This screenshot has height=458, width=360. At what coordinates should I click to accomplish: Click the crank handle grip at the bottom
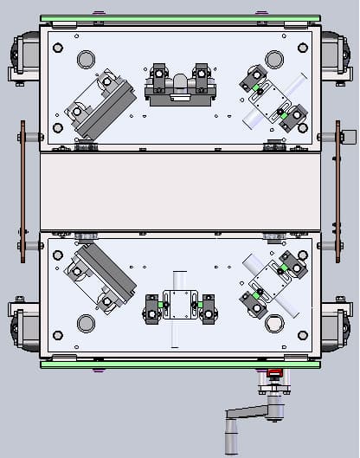click(x=230, y=436)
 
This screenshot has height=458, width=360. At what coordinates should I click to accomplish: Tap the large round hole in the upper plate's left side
click(x=87, y=59)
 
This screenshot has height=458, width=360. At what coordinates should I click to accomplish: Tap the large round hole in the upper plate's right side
click(x=274, y=59)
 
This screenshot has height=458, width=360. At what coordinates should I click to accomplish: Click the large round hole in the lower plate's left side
click(x=87, y=323)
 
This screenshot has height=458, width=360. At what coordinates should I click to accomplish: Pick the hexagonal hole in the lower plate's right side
click(x=274, y=323)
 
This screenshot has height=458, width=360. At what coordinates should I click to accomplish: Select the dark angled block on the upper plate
click(x=102, y=106)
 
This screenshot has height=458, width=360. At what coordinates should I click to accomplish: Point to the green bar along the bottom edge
click(x=179, y=364)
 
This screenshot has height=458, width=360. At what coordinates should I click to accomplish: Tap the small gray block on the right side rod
click(x=350, y=136)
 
